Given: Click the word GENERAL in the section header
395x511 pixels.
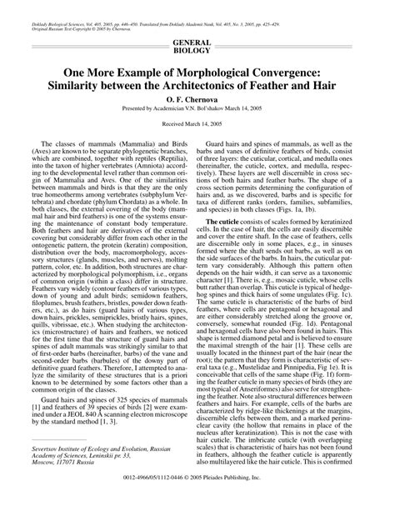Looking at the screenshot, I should pyautogui.click(x=197, y=42).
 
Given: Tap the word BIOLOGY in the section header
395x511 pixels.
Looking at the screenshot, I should pyautogui.click(x=197, y=50).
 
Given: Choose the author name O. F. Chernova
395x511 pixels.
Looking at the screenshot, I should pyautogui.click(x=197, y=107).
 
